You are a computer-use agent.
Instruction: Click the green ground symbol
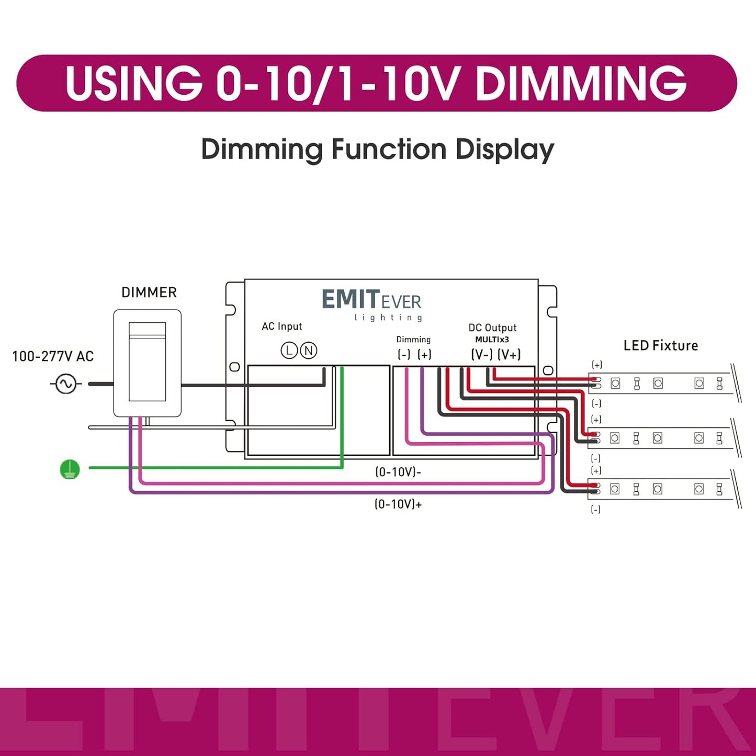(x=70, y=469)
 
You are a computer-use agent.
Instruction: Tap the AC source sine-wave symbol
(x=66, y=384)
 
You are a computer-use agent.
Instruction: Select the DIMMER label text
(x=149, y=292)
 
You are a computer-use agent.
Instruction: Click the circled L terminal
(x=289, y=351)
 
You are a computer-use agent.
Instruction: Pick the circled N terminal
(x=309, y=351)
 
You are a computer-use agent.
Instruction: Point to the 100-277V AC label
(x=53, y=357)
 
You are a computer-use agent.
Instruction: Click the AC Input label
(x=282, y=326)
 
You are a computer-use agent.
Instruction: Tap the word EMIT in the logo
(x=350, y=300)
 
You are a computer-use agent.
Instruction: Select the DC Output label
(x=492, y=328)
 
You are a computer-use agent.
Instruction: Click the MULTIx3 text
(x=492, y=340)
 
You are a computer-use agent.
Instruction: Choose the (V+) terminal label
(x=509, y=355)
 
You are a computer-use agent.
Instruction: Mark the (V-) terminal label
(x=482, y=355)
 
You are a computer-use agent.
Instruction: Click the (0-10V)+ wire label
(x=398, y=504)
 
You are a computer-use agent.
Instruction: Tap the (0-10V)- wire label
(x=398, y=472)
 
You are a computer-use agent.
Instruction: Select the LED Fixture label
(x=661, y=346)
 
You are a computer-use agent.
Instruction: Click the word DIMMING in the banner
(x=581, y=84)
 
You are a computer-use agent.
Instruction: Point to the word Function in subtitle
(x=389, y=150)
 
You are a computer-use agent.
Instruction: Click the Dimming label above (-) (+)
(x=413, y=340)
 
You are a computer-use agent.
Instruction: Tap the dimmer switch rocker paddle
(x=148, y=362)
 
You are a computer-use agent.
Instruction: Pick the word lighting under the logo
(x=388, y=318)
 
